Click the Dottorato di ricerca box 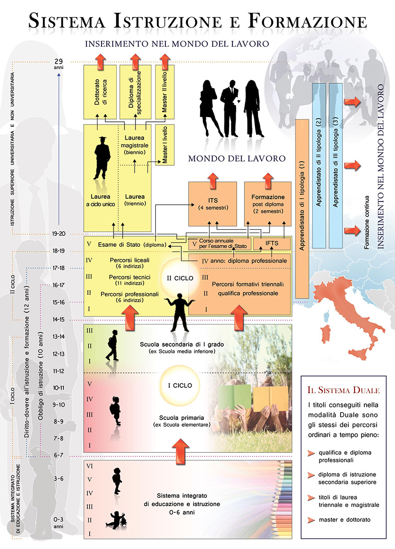100,92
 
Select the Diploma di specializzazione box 136,92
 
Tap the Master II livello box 165,92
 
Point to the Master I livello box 165,145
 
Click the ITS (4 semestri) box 213,204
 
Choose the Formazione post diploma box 268,204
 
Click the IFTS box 272,243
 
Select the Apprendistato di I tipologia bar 302,209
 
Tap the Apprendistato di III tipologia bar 336,166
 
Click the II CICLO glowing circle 180,278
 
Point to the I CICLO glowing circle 180,386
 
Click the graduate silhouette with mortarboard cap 102,158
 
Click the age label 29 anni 59,64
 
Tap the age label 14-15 59,319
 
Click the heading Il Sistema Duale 344,390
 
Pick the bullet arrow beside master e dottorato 311,520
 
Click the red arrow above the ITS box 213,181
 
